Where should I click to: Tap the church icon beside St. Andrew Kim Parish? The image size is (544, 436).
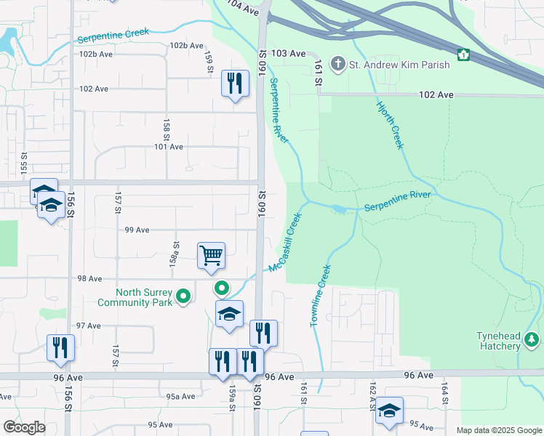(x=337, y=65)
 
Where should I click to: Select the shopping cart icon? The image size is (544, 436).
(x=211, y=255)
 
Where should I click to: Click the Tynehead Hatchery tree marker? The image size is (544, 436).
(x=532, y=339)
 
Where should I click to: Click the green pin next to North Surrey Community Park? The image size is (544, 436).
(x=184, y=296)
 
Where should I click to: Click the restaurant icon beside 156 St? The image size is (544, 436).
(x=60, y=347)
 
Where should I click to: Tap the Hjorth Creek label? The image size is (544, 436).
(x=389, y=126)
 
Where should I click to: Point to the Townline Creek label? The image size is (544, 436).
(x=321, y=295)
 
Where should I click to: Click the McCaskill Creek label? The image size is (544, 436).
(x=284, y=243)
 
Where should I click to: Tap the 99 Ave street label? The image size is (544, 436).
(x=137, y=230)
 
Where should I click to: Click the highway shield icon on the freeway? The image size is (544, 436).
(x=463, y=54)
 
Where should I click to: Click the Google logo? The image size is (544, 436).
(x=25, y=427)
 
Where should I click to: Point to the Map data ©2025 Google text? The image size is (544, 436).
(x=498, y=430)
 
